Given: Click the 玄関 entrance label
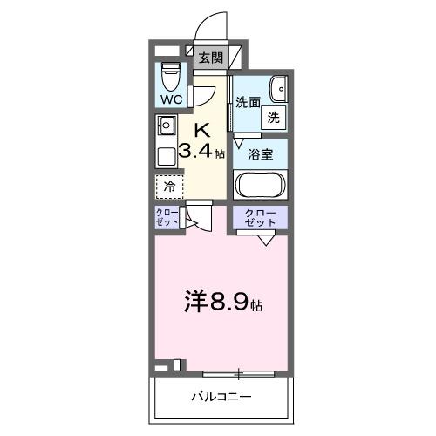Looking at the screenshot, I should tap(209, 59).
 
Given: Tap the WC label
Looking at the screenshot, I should tap(171, 99).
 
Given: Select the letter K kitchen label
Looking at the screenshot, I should tap(202, 129).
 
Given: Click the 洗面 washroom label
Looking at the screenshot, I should tap(249, 101).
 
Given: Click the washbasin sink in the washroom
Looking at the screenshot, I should tap(278, 88).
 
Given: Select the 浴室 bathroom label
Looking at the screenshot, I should tap(261, 154).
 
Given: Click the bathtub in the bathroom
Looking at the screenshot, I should tap(261, 184).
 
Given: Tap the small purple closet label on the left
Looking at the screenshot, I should tap(168, 217).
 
